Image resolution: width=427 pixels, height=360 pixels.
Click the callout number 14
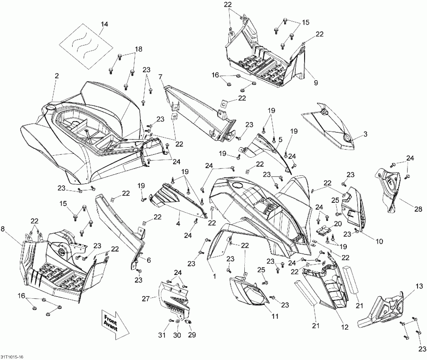[x=104, y=24]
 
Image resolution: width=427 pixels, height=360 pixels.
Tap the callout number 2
[x=56, y=76]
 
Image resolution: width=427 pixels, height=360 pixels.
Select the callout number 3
[x=365, y=134]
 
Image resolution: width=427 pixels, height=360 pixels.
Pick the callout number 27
[x=145, y=299]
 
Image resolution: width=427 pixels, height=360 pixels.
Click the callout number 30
[x=177, y=335]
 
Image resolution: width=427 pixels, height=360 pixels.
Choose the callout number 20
[x=338, y=223]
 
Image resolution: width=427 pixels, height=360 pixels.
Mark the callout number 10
[x=379, y=241]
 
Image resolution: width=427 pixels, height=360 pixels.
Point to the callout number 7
[x=160, y=76]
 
